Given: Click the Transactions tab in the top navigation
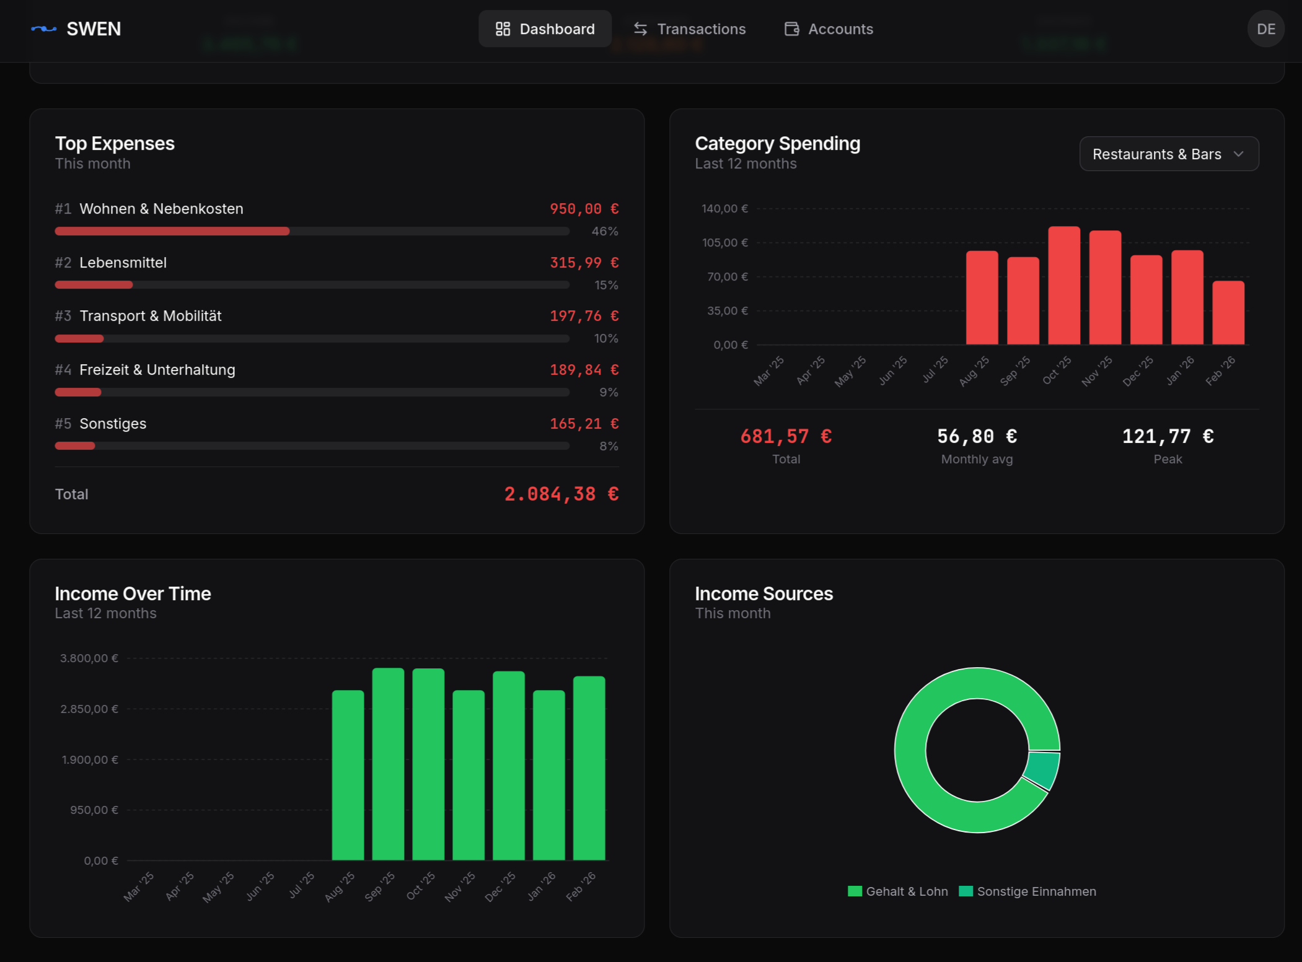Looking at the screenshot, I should click(x=689, y=29).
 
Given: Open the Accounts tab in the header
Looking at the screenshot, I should click(x=829, y=29).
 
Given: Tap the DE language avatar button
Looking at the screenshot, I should click(x=1265, y=29).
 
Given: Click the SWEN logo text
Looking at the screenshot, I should click(x=94, y=29).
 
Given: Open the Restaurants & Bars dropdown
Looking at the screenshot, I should click(x=1168, y=154).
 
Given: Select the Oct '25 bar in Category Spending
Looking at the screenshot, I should click(x=1063, y=286).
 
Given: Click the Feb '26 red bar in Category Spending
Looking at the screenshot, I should click(x=1228, y=313).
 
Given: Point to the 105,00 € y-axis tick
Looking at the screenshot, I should click(x=724, y=243).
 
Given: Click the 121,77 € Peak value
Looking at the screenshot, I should click(x=1168, y=437).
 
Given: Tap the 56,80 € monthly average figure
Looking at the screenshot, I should click(x=977, y=437).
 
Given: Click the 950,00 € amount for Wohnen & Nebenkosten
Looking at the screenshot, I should click(x=584, y=209).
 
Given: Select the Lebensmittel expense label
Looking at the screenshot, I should click(x=123, y=263).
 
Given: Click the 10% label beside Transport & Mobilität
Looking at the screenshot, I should click(x=605, y=338).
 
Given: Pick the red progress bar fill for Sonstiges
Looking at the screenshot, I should click(x=75, y=446).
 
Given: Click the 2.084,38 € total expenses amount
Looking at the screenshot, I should click(x=561, y=494).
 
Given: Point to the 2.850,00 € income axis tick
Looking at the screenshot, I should click(x=89, y=709).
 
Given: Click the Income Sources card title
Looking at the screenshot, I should click(x=763, y=593).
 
